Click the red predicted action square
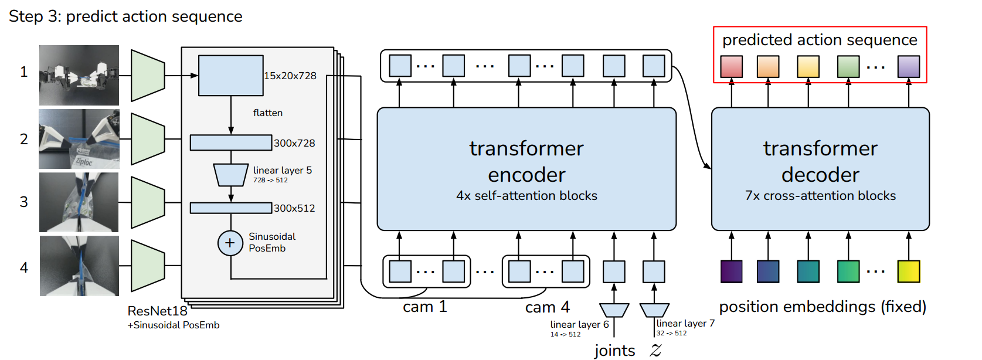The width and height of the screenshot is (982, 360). (x=731, y=66)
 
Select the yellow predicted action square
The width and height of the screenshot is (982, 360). (x=808, y=66)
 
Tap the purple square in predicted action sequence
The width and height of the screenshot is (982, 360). (x=908, y=66)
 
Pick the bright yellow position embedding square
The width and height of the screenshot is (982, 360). (x=908, y=271)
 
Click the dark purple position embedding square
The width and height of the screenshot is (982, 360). (x=731, y=271)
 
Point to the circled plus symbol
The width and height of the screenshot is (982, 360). (x=230, y=243)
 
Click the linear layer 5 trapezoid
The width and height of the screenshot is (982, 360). (x=230, y=175)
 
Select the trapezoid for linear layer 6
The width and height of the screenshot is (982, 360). (x=614, y=310)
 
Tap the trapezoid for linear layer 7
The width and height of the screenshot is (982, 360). (x=654, y=310)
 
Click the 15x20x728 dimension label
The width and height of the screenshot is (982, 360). (x=290, y=76)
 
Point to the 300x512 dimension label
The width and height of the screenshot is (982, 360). (x=294, y=208)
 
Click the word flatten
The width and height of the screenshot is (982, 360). (x=268, y=113)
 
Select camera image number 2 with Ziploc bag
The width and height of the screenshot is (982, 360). (x=79, y=139)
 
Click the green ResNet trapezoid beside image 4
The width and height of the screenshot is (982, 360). (x=148, y=266)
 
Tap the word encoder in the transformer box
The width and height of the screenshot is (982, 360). (x=526, y=175)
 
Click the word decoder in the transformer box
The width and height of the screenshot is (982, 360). (x=820, y=175)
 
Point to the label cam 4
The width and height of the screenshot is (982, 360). (x=548, y=307)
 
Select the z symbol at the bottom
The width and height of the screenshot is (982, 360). (x=656, y=351)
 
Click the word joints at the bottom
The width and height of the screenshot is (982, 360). (x=614, y=351)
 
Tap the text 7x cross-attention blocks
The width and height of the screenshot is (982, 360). (x=820, y=196)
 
